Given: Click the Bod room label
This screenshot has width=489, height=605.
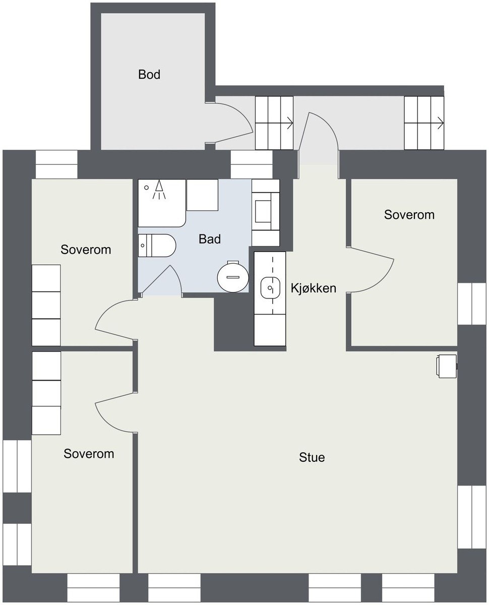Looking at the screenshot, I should click(149, 75).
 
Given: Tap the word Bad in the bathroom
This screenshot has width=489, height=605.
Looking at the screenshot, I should click(210, 239).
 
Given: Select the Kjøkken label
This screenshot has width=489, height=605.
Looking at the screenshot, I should click(313, 288).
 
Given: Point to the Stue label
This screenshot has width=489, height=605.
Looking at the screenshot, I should click(312, 458).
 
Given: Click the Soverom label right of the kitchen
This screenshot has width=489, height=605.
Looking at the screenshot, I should click(409, 215).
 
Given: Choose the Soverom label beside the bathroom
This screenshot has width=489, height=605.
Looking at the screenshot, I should click(86, 250).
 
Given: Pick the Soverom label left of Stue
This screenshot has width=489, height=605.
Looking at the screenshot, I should click(89, 454).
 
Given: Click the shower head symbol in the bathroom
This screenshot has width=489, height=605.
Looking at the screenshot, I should click(159, 188).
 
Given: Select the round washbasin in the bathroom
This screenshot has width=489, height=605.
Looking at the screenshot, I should click(232, 277).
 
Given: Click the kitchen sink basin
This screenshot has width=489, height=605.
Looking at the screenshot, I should click(270, 288).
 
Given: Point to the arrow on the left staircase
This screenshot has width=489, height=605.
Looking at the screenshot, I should click(289, 122).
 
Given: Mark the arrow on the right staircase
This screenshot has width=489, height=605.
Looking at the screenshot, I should click(440, 122).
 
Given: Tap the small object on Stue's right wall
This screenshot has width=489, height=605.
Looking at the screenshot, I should click(447, 366).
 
